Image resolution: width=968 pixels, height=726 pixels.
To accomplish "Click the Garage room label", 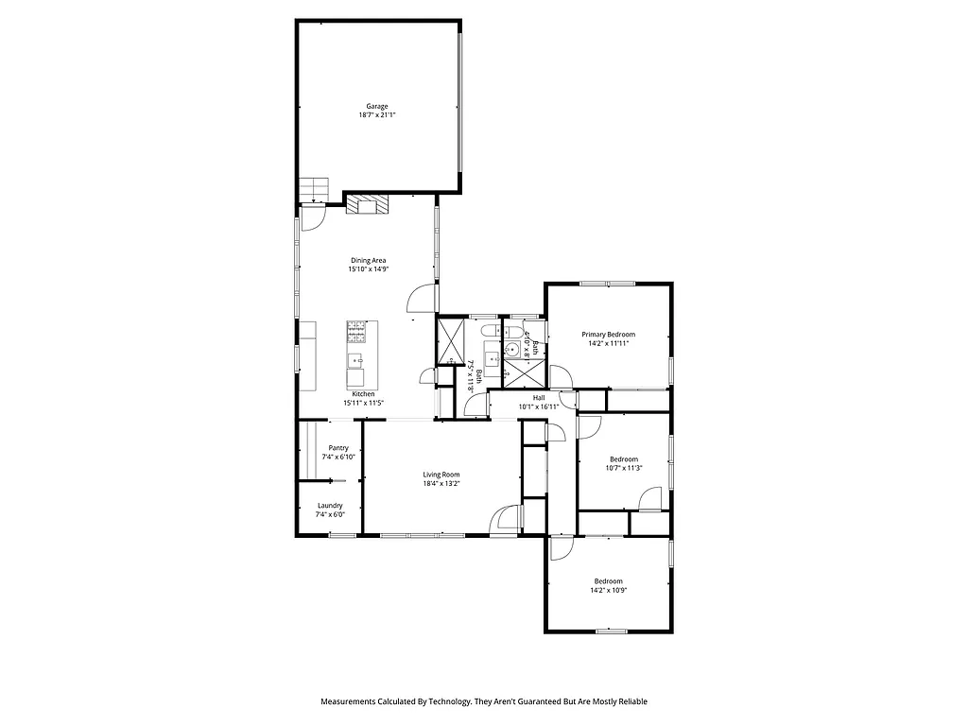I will click(x=377, y=106).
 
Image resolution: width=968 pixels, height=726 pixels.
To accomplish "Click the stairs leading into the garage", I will click(x=313, y=189).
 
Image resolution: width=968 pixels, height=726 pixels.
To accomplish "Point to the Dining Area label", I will click(x=368, y=260).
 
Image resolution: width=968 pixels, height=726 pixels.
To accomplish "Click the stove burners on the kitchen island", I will click(x=356, y=331).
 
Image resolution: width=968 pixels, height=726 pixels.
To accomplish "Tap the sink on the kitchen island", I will click(x=356, y=359).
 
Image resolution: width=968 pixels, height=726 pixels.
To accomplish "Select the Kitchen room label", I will click(x=363, y=393).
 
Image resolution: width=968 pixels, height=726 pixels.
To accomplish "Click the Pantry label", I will click(x=338, y=448).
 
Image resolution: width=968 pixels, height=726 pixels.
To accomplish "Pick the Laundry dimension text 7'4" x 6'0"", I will click(x=330, y=515).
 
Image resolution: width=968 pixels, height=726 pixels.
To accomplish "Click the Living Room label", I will click(x=441, y=475).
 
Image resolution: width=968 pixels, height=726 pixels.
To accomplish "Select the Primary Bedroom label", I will click(x=608, y=334).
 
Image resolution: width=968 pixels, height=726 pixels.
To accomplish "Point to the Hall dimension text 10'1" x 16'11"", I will click(x=539, y=406).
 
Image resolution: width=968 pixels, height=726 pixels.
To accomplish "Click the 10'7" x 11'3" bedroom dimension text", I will click(x=624, y=468).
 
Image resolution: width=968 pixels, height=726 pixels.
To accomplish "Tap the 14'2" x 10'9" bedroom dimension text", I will click(x=608, y=590).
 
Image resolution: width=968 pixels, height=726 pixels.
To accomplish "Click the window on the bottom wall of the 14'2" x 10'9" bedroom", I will click(x=611, y=631).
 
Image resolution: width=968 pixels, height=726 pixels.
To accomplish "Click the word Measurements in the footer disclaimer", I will click(x=348, y=701).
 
